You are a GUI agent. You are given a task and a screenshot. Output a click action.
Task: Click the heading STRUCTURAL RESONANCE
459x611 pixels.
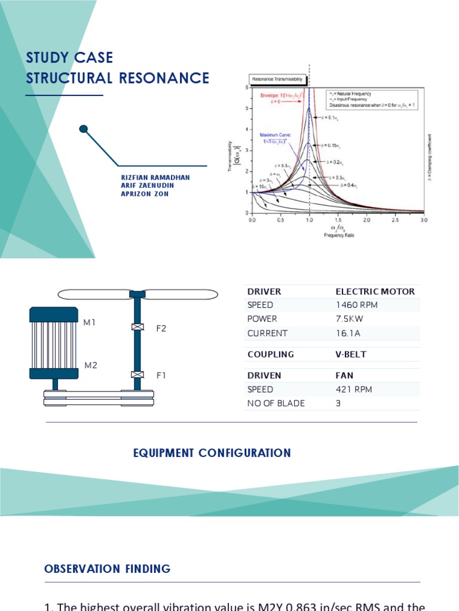click(x=118, y=78)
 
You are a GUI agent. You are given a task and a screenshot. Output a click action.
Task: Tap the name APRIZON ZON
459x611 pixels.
click(x=145, y=194)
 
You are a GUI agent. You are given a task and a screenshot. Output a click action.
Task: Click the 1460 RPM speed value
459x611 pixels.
click(x=357, y=305)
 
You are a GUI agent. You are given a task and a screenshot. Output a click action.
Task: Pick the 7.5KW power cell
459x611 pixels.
click(x=350, y=319)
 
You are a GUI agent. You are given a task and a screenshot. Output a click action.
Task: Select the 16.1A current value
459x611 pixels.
click(x=348, y=333)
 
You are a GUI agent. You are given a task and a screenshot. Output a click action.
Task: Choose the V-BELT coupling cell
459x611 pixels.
click(x=351, y=354)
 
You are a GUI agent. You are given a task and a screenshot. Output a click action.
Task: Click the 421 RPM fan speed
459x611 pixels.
click(x=354, y=389)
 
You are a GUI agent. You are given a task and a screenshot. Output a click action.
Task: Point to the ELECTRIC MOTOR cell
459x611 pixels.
click(x=375, y=292)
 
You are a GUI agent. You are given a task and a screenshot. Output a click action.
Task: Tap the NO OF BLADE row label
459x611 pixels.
click(x=276, y=403)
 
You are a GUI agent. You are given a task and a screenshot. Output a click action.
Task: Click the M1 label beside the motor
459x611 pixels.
click(x=90, y=323)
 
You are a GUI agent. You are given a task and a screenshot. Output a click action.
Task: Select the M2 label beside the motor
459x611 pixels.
click(x=90, y=365)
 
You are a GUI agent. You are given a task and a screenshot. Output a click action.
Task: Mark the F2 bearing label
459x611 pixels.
click(x=161, y=328)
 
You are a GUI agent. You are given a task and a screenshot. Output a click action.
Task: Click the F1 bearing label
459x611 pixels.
click(x=161, y=375)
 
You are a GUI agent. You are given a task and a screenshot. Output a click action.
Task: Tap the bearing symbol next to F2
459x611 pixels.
click(x=138, y=327)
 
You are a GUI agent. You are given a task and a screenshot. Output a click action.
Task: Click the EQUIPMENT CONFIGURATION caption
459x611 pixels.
click(x=212, y=453)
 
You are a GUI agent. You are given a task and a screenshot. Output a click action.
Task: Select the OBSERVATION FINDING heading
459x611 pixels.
click(x=108, y=569)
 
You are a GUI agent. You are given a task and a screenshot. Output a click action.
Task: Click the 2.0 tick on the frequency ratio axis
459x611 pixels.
click(x=366, y=220)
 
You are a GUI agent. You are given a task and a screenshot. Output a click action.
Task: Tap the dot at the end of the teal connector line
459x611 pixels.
click(x=84, y=128)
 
